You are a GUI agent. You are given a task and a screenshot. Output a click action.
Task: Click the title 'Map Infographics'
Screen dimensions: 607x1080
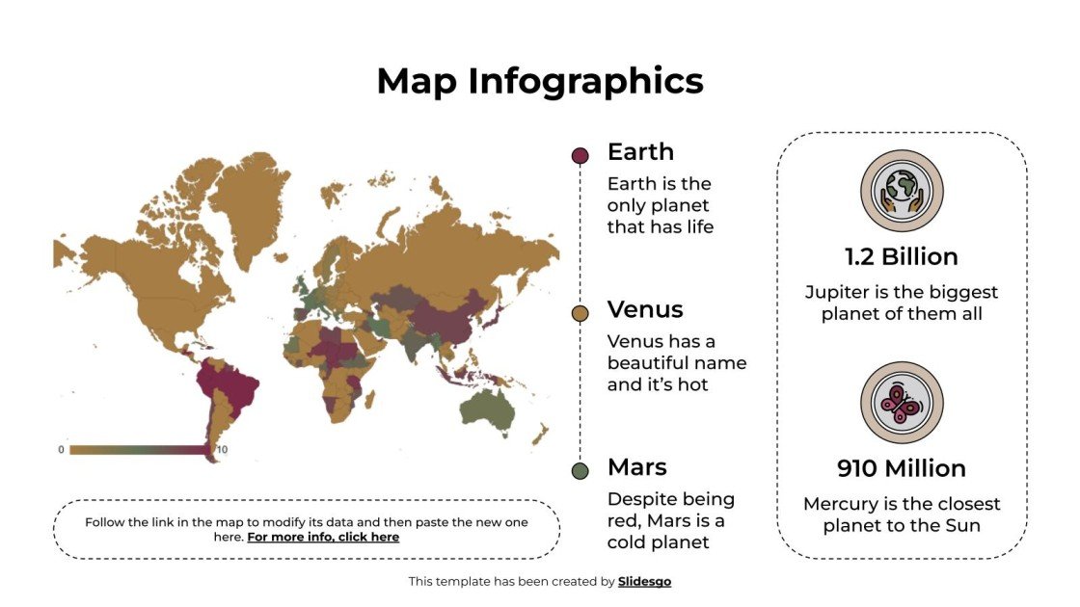540,81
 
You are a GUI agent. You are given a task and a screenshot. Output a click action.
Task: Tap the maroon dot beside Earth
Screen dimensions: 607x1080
580,156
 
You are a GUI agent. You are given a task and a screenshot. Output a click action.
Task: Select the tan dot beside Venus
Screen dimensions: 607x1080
580,314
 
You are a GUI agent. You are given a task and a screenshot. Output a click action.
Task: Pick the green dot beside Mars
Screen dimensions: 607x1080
580,471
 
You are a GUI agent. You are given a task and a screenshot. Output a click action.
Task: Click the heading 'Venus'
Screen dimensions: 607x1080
645,309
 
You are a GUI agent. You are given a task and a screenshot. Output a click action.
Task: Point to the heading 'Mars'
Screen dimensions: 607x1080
636,467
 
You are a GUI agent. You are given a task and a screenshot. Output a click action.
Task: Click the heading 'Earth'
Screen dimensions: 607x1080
640,151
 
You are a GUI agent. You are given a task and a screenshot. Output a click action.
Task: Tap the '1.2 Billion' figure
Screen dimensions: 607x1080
902,257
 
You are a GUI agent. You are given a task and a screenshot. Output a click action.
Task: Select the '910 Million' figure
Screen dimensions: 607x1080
902,469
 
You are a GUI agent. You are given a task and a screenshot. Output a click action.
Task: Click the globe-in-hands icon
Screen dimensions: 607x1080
902,191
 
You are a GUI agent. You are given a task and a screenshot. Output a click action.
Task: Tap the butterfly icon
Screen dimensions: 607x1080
902,403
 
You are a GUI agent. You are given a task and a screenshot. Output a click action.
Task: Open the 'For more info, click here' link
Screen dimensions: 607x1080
323,538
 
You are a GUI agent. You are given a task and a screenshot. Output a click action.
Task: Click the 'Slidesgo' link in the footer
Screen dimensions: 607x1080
644,582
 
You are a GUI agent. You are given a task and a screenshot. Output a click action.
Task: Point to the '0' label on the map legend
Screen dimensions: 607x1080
61,450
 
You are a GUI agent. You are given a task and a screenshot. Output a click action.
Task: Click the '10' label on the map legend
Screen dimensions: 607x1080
221,450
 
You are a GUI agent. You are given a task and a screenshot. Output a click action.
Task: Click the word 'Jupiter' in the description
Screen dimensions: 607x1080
836,292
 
